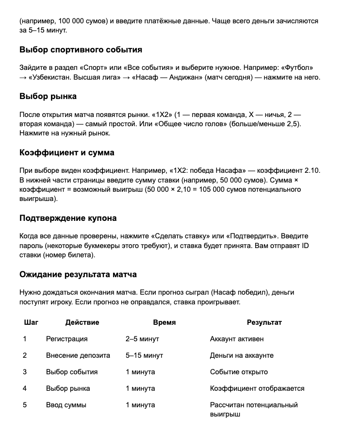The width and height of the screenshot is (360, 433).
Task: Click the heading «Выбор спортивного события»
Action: point(81,50)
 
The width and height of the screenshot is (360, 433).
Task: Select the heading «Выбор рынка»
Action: point(48,96)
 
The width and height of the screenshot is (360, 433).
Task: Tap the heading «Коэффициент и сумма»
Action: point(67,152)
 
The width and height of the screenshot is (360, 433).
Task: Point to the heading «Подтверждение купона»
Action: point(68,218)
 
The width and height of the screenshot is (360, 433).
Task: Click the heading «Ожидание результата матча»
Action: point(78,274)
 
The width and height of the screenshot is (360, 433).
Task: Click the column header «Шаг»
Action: point(31,322)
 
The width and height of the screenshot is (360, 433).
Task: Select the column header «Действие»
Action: point(82,322)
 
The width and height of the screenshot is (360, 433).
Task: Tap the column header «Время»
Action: point(164,322)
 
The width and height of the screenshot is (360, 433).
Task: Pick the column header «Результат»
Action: point(264,322)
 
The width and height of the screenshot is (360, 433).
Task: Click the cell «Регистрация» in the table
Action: point(67,339)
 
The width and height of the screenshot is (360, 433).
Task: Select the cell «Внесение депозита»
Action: point(78,355)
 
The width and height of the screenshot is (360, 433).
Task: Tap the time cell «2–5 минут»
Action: point(142,339)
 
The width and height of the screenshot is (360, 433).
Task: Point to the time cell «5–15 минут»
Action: point(144,355)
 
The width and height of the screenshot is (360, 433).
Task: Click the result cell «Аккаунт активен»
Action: point(237,339)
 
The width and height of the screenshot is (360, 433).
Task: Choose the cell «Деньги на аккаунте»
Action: point(242,355)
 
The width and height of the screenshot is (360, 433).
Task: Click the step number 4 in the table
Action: point(25,388)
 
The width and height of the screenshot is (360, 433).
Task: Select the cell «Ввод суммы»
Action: point(66,405)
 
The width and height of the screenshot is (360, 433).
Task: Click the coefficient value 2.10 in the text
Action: point(312,170)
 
